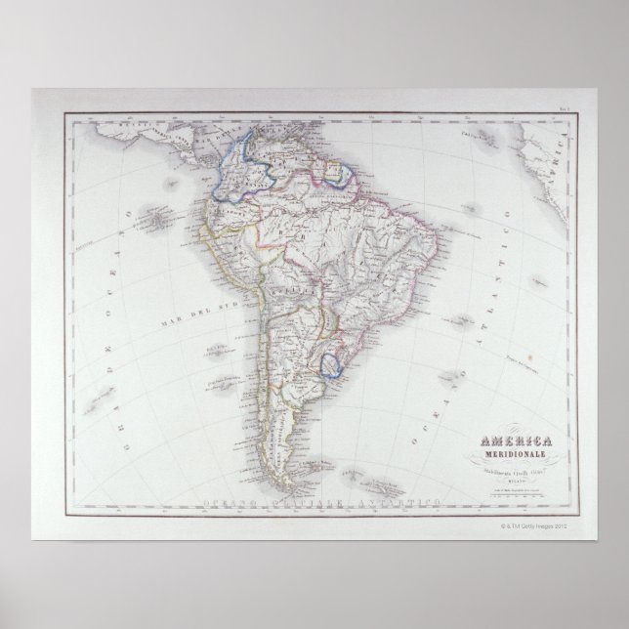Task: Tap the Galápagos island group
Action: coord(156,221)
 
